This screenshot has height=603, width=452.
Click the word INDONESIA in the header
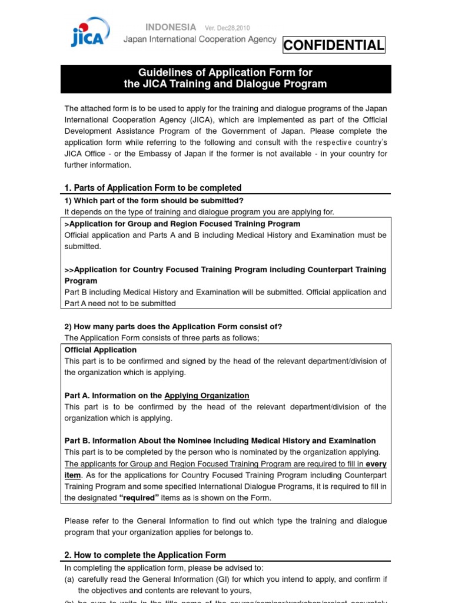click(170, 27)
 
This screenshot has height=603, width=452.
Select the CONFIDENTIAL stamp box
click(334, 45)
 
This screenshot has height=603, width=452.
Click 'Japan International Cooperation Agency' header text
click(200, 39)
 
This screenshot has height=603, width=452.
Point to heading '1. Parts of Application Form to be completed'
click(153, 188)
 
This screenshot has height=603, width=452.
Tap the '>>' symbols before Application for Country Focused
click(69, 269)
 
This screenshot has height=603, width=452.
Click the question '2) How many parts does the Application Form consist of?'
click(173, 326)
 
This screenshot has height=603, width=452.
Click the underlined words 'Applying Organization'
click(207, 395)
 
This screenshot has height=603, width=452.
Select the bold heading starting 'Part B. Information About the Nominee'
click(220, 440)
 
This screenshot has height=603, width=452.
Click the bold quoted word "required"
click(139, 498)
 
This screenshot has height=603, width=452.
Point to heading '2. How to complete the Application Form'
click(145, 555)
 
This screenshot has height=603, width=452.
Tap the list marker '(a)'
click(69, 579)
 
